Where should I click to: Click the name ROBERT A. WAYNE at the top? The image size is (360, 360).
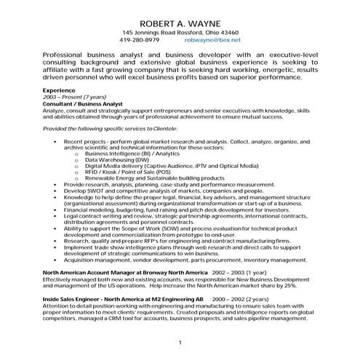point(179,23)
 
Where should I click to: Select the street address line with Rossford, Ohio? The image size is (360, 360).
point(180,33)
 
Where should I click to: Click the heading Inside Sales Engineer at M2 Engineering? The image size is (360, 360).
point(123,299)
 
